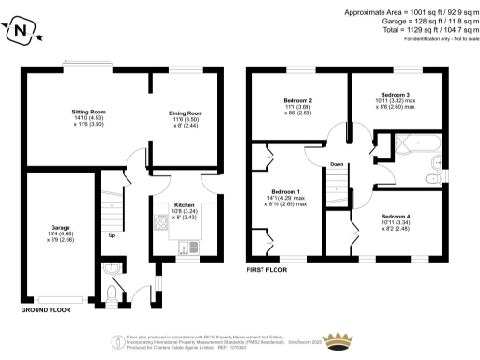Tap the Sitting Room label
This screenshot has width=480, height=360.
point(89,112)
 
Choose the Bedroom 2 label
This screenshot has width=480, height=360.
point(297,100)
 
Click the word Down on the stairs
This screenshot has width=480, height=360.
point(337,165)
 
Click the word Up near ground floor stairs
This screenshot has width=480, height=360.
point(113,235)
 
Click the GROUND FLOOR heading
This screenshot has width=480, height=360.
point(47,307)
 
